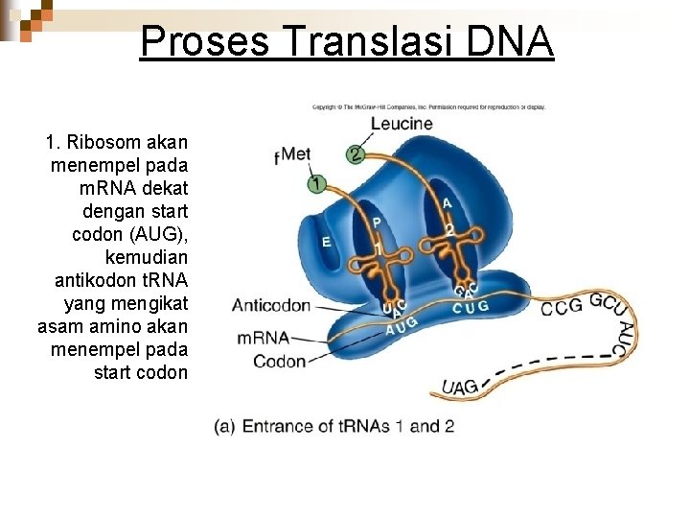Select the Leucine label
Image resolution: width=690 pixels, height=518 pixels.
[x=401, y=124]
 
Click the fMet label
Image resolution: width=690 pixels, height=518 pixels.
[x=292, y=154]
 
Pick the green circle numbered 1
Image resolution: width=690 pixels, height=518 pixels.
[x=316, y=183]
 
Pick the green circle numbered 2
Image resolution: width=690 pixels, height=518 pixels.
[x=355, y=154]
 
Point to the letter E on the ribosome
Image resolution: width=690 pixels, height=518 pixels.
[x=327, y=243]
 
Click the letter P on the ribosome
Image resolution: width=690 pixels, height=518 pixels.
[x=377, y=222]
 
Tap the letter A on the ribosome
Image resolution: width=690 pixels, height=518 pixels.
[x=448, y=202]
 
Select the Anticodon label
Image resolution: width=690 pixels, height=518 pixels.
[x=271, y=306]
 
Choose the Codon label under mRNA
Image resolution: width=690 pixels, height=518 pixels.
[x=279, y=362]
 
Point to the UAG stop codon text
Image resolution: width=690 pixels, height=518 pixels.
[x=460, y=387]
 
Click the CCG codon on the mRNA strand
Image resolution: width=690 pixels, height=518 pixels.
[x=562, y=308]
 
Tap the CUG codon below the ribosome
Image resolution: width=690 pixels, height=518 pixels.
[x=471, y=307]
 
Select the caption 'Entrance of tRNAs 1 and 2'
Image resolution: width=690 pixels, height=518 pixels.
[x=335, y=426]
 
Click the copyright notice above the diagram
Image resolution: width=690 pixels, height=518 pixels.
[x=428, y=106]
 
